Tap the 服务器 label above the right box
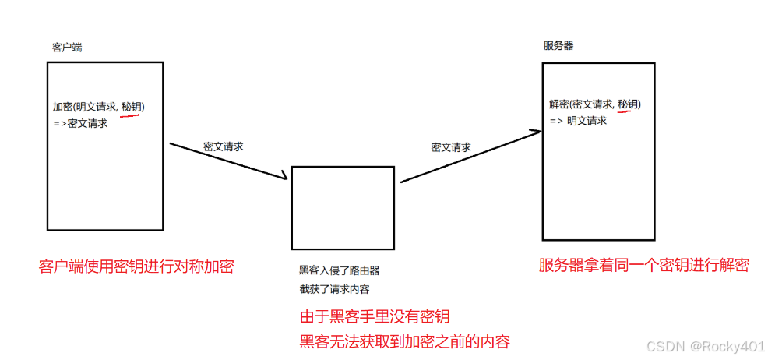pos(558,46)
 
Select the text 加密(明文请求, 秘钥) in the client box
pos(98,107)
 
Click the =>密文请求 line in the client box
pos(79,123)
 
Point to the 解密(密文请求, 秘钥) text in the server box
pos(595,104)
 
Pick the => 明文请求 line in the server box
pos(578,121)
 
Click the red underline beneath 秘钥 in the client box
pos(130,116)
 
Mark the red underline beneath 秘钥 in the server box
pos(628,112)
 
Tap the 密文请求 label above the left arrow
pos(224,146)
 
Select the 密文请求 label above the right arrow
pos(451,147)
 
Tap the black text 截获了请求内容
pos(334,289)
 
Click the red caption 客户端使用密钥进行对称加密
pos(136,266)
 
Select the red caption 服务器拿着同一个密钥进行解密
pos(643,265)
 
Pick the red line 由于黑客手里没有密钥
pos(375,317)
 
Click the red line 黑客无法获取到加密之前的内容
pos(405,341)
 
